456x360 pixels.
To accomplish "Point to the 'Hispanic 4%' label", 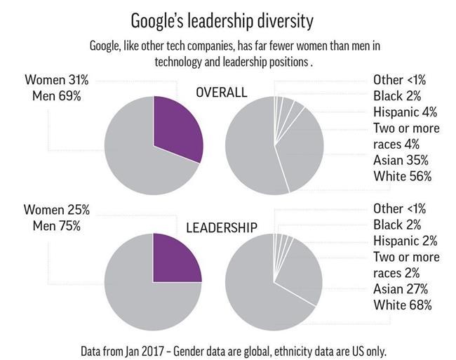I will (405, 112).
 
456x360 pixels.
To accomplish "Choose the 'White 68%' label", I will (403, 305).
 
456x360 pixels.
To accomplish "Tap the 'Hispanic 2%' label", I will (405, 241).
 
